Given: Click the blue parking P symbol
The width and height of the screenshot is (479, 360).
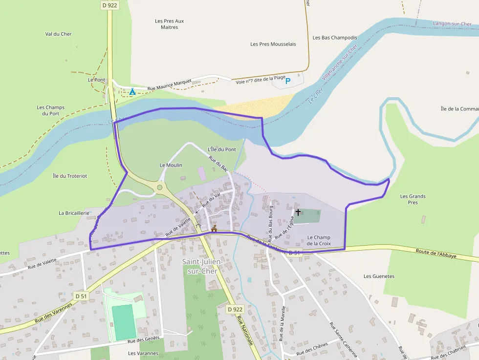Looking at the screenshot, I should [x=288, y=81].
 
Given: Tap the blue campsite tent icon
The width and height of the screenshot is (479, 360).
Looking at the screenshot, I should [x=132, y=91].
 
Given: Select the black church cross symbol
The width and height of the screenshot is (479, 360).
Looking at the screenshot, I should [x=298, y=212].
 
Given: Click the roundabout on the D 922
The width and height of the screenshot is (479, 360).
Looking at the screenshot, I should [x=159, y=187].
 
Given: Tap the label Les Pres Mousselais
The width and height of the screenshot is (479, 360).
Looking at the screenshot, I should [x=273, y=44].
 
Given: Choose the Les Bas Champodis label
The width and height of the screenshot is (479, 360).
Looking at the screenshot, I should [x=335, y=38].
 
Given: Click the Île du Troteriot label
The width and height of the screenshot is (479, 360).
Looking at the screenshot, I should [x=70, y=176].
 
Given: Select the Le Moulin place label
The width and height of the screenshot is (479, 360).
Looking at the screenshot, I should [x=171, y=165].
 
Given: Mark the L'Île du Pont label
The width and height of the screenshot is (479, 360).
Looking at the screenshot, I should [x=222, y=149].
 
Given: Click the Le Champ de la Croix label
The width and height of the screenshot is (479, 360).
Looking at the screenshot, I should [x=319, y=240].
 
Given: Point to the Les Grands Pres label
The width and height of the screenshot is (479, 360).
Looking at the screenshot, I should [x=413, y=199].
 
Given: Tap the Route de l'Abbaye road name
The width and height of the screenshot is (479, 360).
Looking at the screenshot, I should [x=436, y=253].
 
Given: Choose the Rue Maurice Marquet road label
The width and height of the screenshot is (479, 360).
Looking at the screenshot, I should [x=169, y=85].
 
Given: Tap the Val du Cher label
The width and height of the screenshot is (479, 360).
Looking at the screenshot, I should [x=58, y=34].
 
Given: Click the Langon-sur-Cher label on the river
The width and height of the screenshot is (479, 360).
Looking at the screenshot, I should [x=452, y=23].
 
